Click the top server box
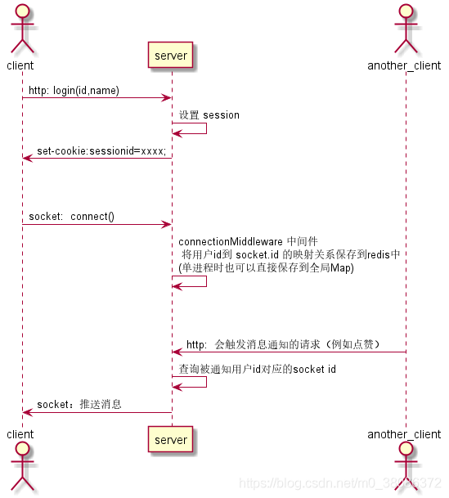point(171,56)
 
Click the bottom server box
point(171,439)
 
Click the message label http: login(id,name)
point(74,91)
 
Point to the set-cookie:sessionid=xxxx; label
point(101,151)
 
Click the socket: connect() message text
point(71,217)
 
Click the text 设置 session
point(209,115)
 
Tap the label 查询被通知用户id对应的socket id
point(258,370)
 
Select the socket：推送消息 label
point(79,405)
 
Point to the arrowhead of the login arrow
point(166,98)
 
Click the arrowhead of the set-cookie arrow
point(27,159)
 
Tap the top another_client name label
point(405,65)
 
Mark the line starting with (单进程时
point(266,267)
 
